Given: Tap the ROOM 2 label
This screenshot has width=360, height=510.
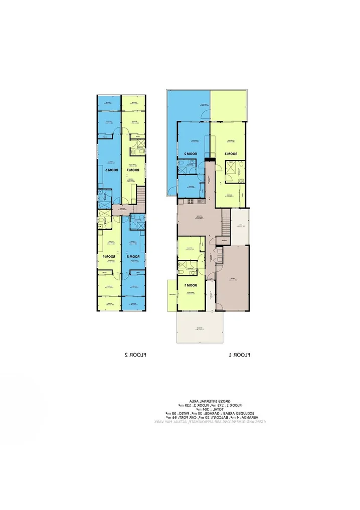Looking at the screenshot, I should [x=185, y=153].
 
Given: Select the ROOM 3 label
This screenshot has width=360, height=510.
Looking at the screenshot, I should [x=230, y=153].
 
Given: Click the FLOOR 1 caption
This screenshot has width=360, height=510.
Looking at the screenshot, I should [x=240, y=355].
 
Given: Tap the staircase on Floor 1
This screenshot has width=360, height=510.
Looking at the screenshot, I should [x=225, y=221].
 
